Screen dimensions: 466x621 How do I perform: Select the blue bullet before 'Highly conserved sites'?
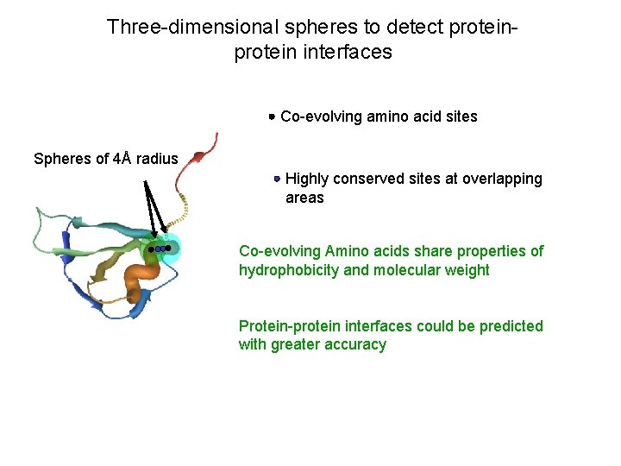[276, 179]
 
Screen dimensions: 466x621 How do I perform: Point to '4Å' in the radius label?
[123, 159]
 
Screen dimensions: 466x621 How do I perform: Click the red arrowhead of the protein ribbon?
[198, 156]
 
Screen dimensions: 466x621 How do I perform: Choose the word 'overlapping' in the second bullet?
[502, 179]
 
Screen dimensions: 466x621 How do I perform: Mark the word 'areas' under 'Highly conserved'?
[304, 198]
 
